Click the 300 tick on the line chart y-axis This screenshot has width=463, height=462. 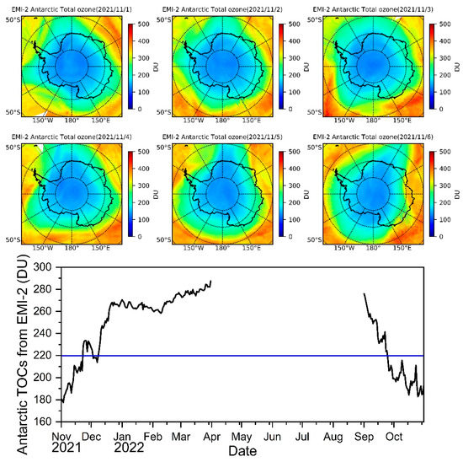(x=43, y=267)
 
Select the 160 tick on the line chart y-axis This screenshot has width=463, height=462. (x=43, y=422)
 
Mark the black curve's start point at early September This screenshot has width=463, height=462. (x=364, y=294)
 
